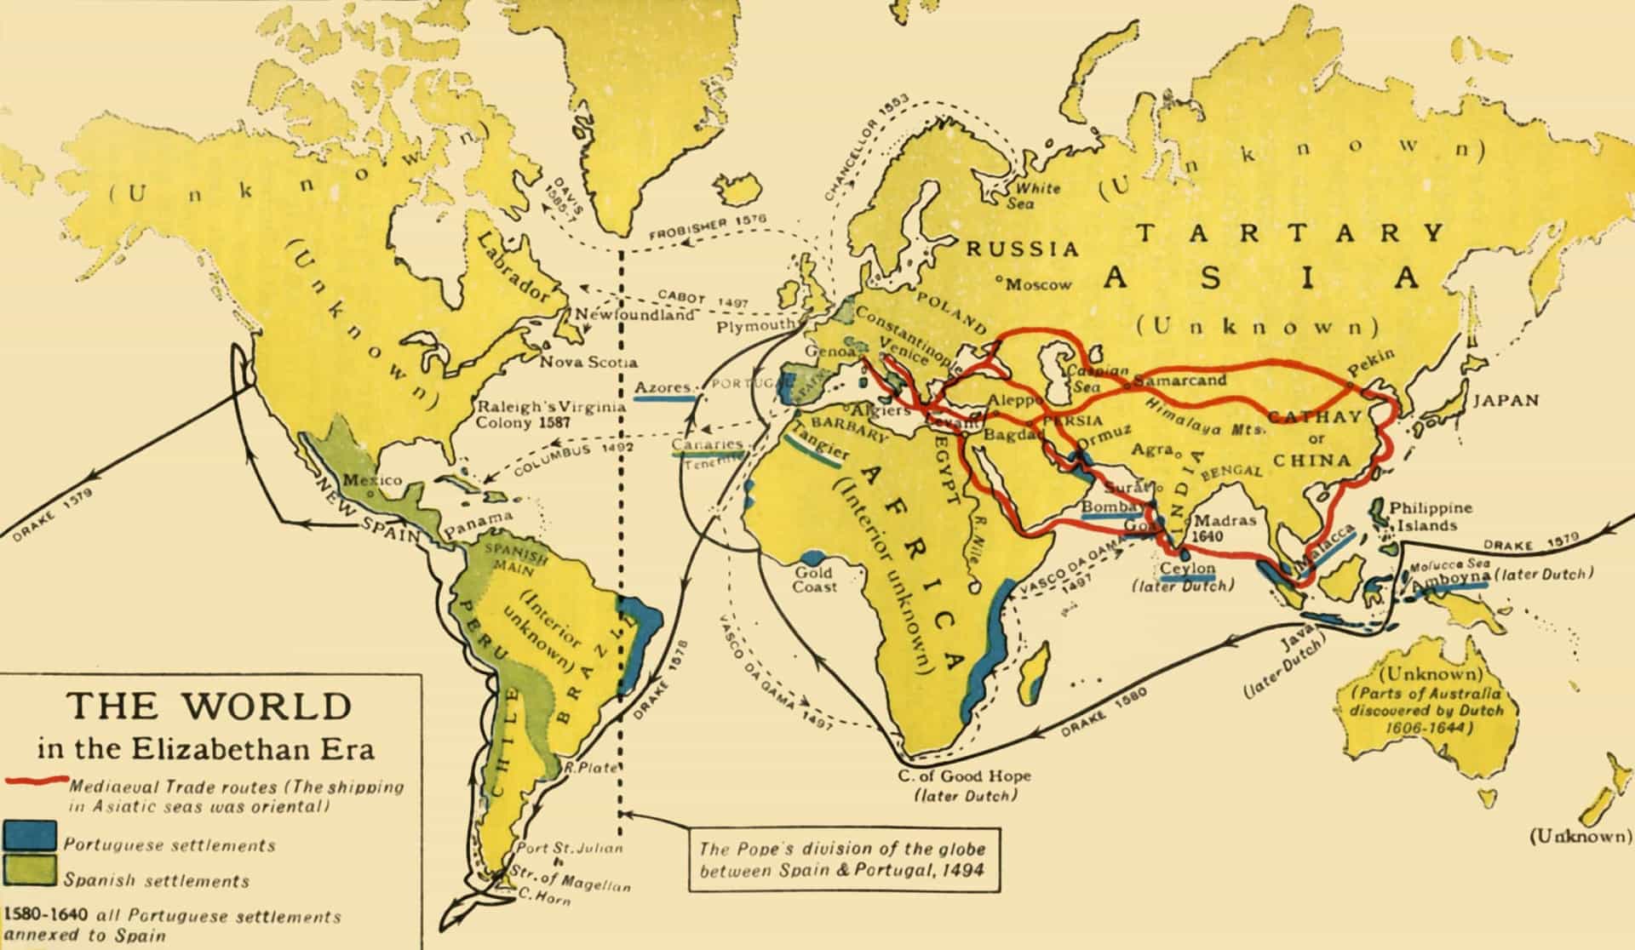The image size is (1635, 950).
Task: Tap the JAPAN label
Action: tap(1506, 400)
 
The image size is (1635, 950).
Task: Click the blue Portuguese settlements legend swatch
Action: tap(30, 836)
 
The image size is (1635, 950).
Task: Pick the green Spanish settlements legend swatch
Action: tap(30, 872)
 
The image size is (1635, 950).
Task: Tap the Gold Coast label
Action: tap(815, 580)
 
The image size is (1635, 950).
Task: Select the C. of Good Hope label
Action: tap(964, 775)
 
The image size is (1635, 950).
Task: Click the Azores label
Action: tap(663, 387)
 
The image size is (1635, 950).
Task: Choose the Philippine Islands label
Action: tap(1431, 516)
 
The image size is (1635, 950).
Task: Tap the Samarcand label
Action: tap(1179, 381)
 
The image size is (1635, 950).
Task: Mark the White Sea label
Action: tap(1034, 195)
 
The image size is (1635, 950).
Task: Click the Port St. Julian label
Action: tap(571, 848)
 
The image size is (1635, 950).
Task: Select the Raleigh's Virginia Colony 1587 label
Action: tap(551, 414)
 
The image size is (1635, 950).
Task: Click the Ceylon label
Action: tap(1187, 569)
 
